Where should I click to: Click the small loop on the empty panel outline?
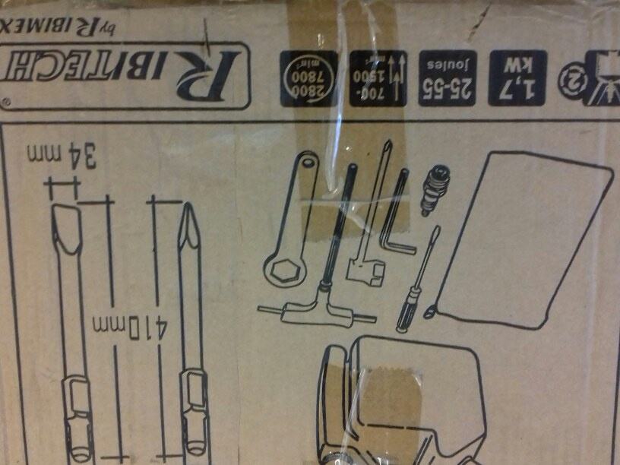432,308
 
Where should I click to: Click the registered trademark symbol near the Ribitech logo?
7,100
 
